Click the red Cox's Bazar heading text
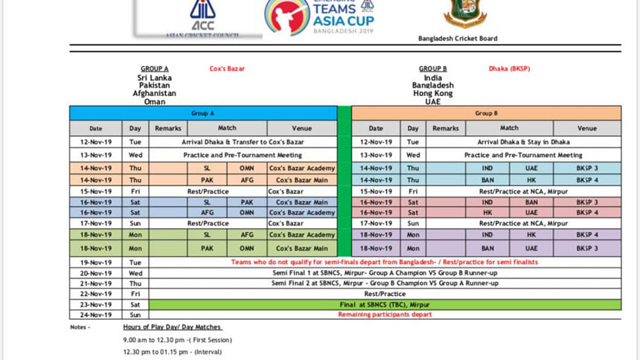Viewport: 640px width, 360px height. click(227, 69)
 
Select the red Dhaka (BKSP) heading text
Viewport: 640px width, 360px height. click(509, 69)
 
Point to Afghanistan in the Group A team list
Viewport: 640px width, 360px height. click(155, 94)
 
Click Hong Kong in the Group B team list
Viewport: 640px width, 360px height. click(432, 94)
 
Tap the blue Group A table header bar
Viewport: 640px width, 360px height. click(202, 114)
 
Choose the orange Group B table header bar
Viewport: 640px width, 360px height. click(486, 114)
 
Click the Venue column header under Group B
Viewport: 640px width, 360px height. click(586, 129)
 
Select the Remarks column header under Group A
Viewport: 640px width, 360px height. click(168, 129)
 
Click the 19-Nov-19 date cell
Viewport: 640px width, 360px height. click(96, 262)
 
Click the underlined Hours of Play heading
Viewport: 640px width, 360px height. click(173, 327)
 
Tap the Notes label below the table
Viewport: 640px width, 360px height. click(79, 327)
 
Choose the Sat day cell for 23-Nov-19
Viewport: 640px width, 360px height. click(135, 304)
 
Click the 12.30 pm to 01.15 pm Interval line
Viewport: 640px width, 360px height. click(167, 353)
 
